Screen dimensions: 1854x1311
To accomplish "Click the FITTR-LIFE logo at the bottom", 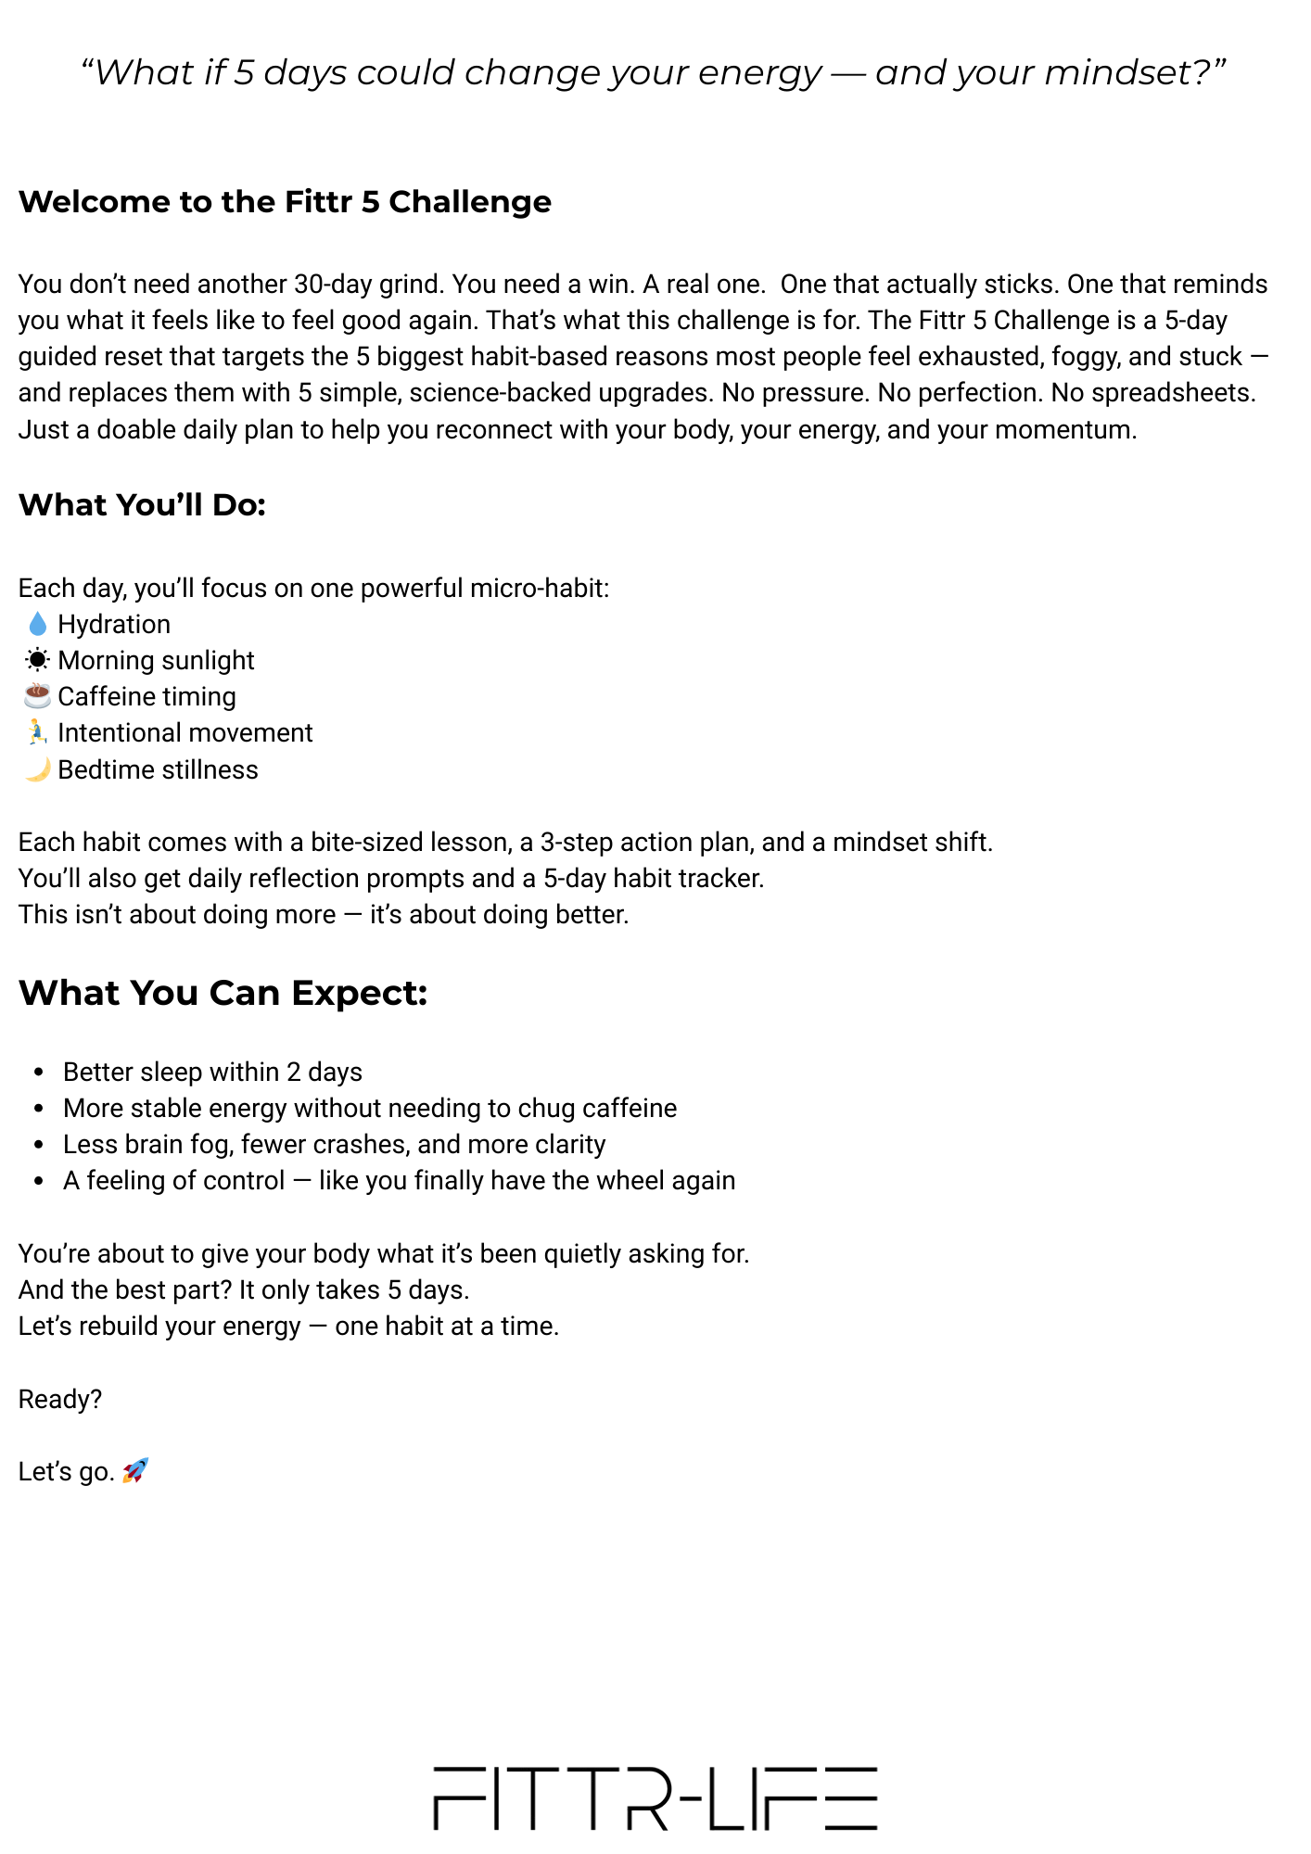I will click(655, 1798).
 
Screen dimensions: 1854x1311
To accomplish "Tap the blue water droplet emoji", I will click(37, 624).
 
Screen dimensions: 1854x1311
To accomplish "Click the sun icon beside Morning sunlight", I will click(37, 660).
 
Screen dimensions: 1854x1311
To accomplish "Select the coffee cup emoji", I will click(37, 695).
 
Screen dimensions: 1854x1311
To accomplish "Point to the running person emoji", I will click(37, 732).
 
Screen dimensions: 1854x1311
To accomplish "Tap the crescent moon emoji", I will click(37, 769).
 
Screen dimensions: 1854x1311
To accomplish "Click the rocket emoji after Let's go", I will click(135, 1470).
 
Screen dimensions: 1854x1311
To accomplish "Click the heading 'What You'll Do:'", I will click(142, 505).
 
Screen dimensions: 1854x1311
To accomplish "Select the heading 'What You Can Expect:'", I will click(223, 993).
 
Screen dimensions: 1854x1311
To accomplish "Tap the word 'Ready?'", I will click(60, 1399).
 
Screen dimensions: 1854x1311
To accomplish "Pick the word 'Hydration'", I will click(114, 625).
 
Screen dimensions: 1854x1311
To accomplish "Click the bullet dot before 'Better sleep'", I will click(39, 1073).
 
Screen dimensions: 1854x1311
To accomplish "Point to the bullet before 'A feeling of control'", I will click(39, 1181).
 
